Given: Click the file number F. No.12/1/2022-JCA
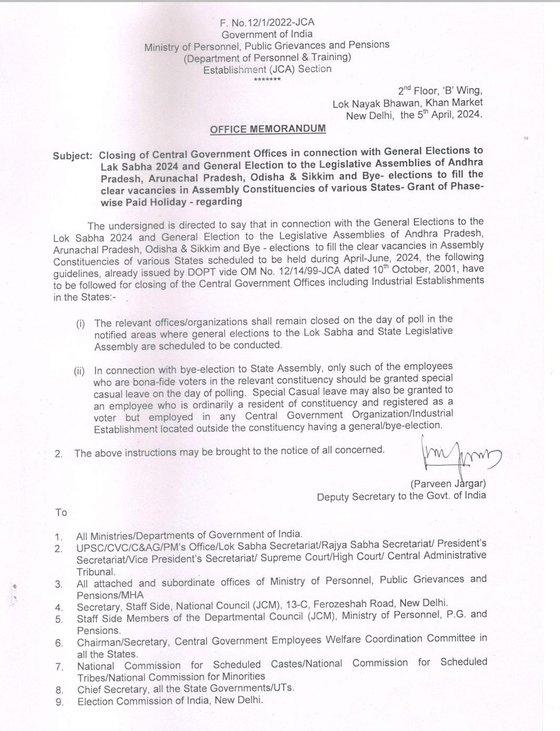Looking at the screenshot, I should tap(267, 22).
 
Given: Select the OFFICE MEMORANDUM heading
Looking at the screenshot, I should tap(267, 129).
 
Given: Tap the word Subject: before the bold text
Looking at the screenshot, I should tap(72, 156).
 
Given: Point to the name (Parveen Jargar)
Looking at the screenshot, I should tap(448, 483).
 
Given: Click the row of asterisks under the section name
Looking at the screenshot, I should tap(267, 80).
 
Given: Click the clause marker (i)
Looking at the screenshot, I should tap(80, 323).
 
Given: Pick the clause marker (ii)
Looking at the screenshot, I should tap(79, 371).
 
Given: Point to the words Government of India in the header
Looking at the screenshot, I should tap(267, 34).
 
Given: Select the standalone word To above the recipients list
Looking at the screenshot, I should tap(61, 513).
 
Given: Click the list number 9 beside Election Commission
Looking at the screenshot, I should tap(59, 702).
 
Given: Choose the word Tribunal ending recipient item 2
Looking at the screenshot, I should tap(96, 572).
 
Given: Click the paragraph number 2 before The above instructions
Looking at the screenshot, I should tap(58, 454).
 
